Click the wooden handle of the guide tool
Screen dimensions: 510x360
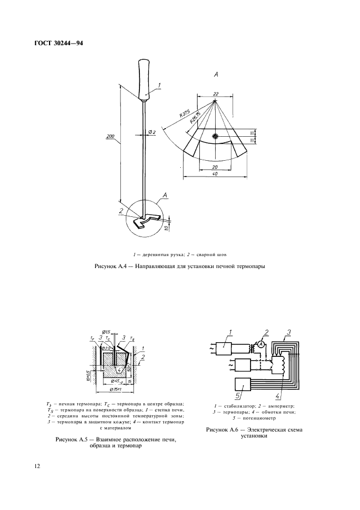pyautogui.click(x=145, y=80)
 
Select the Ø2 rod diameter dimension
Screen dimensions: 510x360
pyautogui.click(x=152, y=132)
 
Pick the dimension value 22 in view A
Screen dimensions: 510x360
pyautogui.click(x=216, y=93)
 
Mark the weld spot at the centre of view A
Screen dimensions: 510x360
pyautogui.click(x=216, y=136)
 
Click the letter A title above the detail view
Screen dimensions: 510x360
pyautogui.click(x=216, y=74)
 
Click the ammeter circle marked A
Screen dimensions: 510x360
pyautogui.click(x=261, y=344)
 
